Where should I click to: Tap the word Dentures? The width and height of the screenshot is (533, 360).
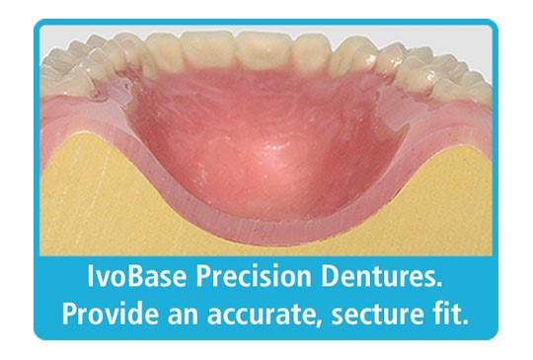tap(376, 280)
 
